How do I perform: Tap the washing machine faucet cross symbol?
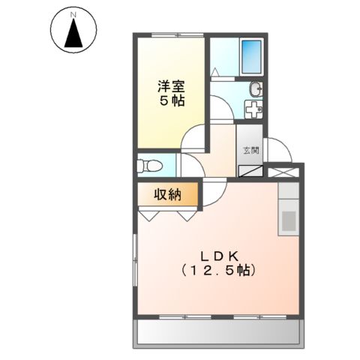[254, 110]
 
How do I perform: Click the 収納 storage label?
[168, 195]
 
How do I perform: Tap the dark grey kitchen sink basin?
[288, 220]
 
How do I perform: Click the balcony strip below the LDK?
[218, 332]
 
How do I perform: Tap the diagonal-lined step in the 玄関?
[250, 169]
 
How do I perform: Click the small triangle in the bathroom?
[216, 72]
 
